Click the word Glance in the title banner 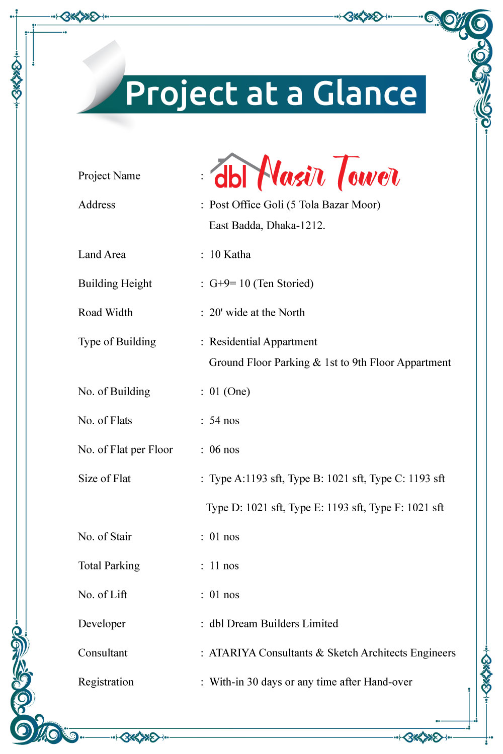[x=365, y=94]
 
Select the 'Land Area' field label [x=102, y=255]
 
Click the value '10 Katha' [x=230, y=255]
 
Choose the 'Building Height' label [x=115, y=284]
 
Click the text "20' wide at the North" [x=257, y=313]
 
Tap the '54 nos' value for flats [x=224, y=421]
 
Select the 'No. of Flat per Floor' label [x=125, y=450]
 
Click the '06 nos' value [x=224, y=450]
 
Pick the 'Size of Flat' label [x=104, y=479]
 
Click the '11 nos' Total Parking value [x=224, y=566]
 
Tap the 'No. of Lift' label [x=103, y=595]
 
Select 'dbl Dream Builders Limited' [x=274, y=624]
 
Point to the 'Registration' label [x=106, y=683]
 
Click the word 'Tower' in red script [x=367, y=173]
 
